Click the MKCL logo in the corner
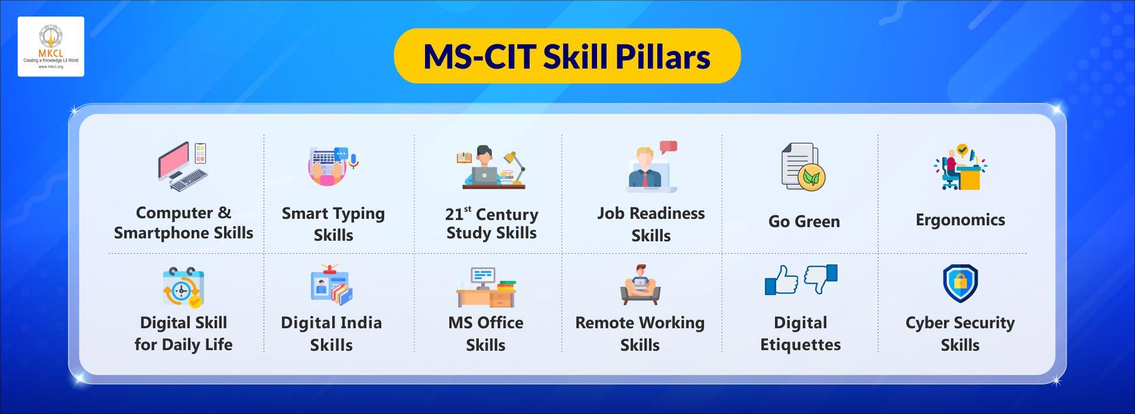[51, 47]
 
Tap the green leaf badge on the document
[811, 177]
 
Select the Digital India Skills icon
[331, 285]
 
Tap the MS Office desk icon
[486, 287]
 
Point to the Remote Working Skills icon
[640, 285]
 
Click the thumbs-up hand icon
[781, 280]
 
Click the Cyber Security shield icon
[960, 283]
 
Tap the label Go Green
[804, 222]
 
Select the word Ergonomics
[960, 220]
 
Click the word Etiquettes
[800, 345]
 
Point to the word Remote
[605, 323]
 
